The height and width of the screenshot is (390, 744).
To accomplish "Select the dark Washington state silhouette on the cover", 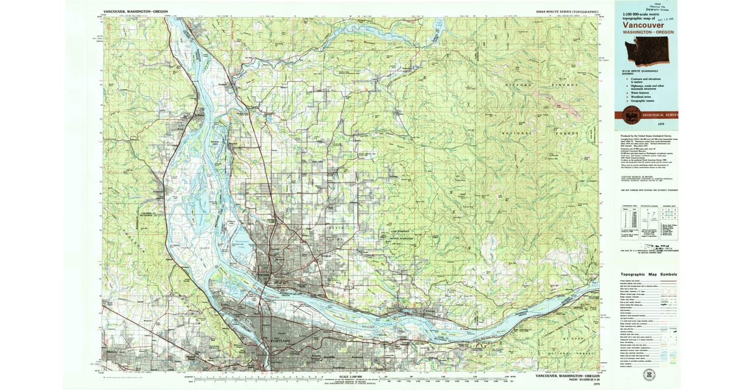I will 648,51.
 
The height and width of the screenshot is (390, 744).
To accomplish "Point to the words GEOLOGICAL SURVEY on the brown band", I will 661,115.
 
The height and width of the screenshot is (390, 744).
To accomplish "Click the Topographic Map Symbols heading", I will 649,274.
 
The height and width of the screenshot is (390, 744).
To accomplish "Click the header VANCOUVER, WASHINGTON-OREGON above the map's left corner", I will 135,12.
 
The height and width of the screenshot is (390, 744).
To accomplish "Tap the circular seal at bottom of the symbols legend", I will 649,375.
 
